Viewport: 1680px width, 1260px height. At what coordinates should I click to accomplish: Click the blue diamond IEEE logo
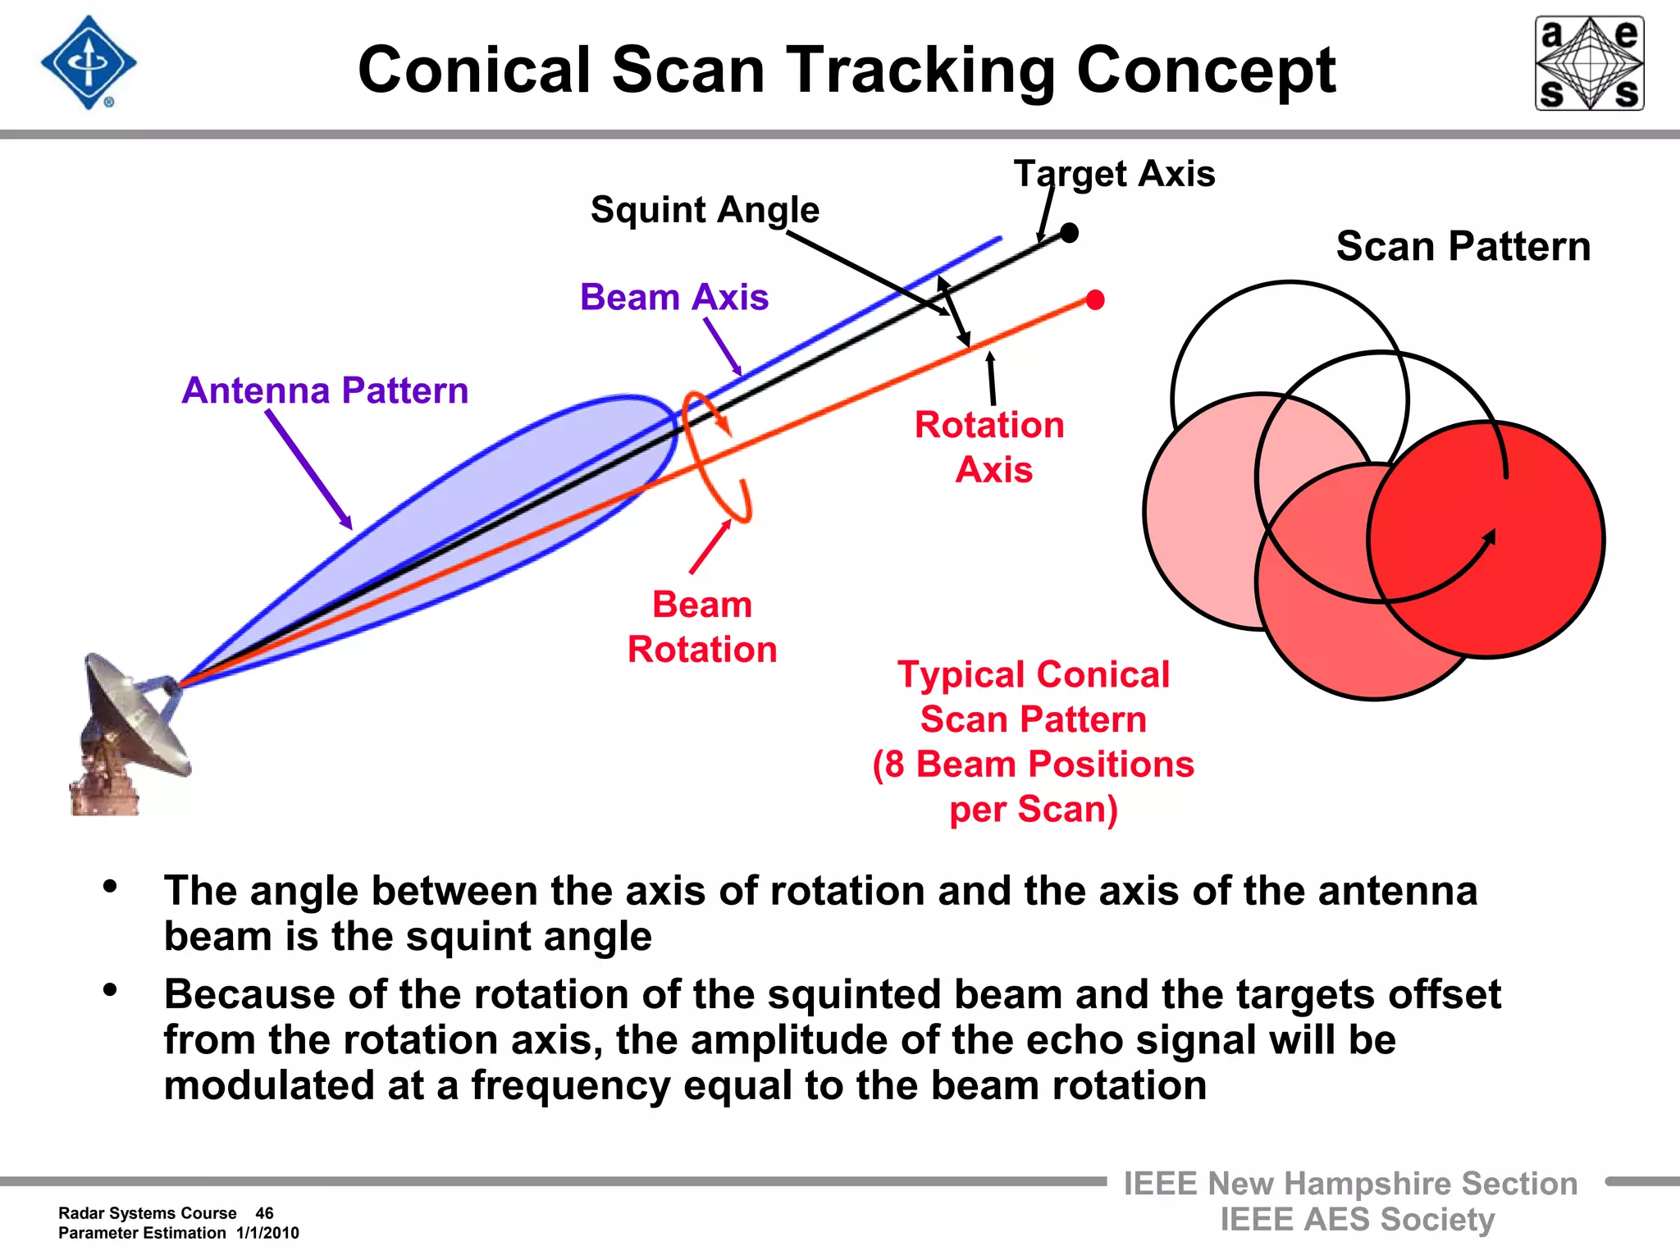coord(89,63)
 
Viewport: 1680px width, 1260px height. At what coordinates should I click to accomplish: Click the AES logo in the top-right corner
coord(1589,63)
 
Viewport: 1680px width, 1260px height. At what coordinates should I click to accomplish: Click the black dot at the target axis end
coord(1069,233)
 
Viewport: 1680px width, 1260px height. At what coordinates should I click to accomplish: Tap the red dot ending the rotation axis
coord(1095,300)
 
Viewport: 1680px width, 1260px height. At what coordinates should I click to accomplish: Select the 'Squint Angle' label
coord(705,210)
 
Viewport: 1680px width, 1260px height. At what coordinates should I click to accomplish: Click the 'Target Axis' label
coord(1114,174)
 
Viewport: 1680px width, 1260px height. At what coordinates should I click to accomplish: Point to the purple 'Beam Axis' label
coord(674,297)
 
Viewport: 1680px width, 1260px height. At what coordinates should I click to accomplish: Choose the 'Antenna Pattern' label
coord(325,390)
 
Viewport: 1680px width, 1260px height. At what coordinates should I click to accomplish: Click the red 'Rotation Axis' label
coord(990,447)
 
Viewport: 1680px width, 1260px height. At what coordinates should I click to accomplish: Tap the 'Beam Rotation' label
coord(702,627)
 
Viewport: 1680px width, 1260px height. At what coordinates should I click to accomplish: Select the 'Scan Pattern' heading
coord(1463,246)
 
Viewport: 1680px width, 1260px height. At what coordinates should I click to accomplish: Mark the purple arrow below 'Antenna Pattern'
coord(308,469)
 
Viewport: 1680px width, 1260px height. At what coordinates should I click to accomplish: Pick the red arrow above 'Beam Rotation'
coord(710,546)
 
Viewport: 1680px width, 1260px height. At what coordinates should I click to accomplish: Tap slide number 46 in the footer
coord(264,1213)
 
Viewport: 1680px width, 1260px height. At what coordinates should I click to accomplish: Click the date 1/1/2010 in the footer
coord(267,1233)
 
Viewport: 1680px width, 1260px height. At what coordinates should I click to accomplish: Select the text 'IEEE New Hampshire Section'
coord(1350,1184)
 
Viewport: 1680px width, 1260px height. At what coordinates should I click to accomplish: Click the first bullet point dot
coord(110,886)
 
